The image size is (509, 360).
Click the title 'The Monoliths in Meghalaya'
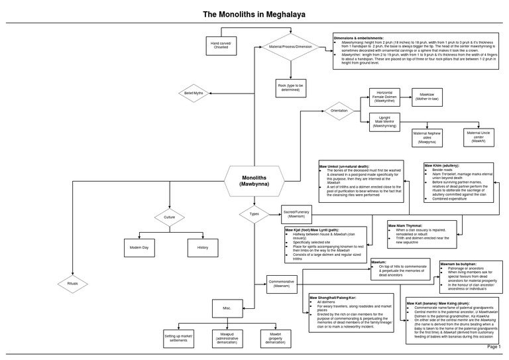tap(254, 14)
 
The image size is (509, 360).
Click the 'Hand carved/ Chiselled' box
tap(220, 45)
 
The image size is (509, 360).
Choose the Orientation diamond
tap(339, 111)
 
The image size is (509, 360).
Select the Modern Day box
tap(140, 247)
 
